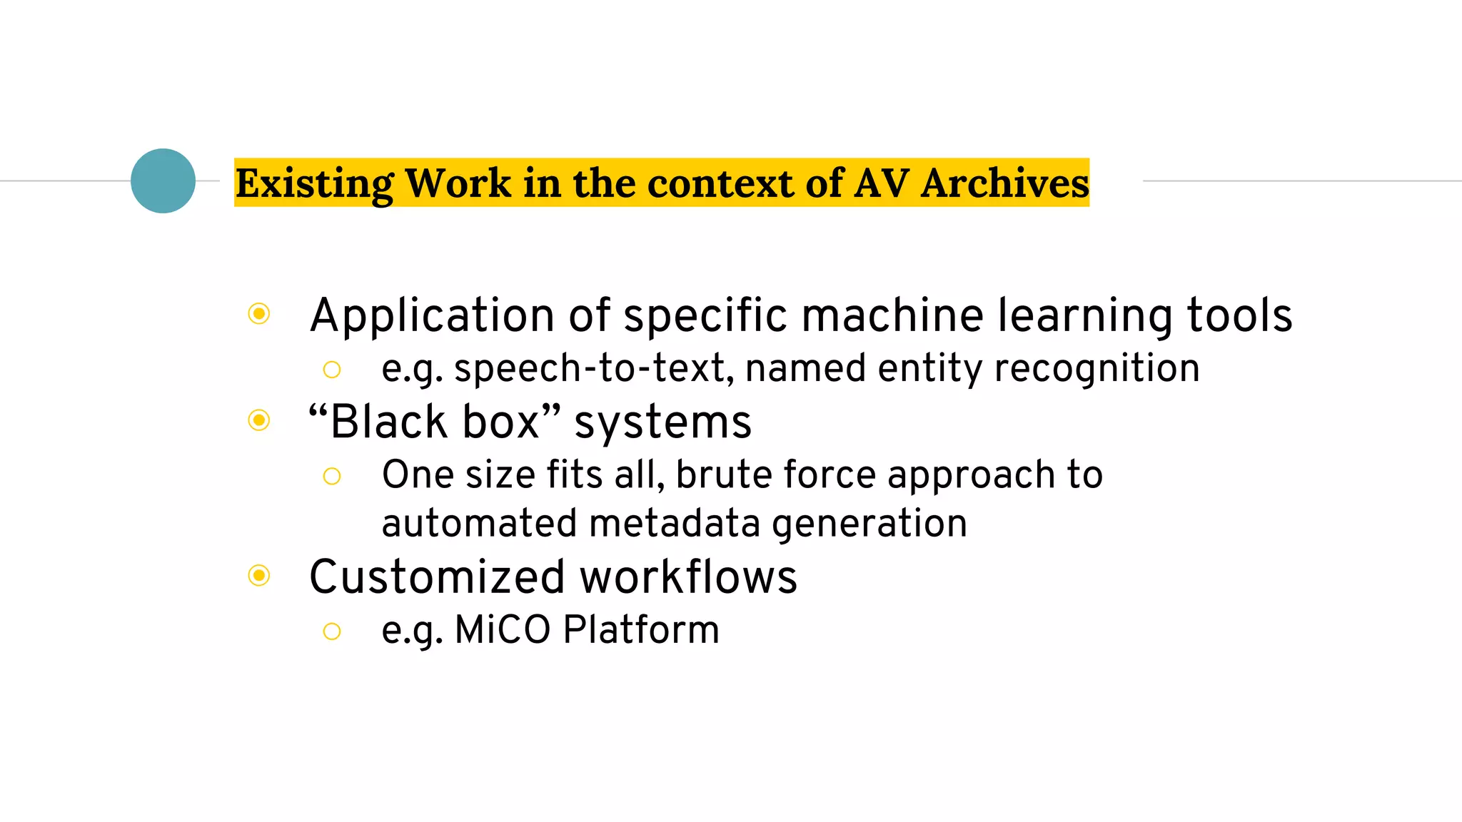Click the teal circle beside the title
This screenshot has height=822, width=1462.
[x=163, y=181]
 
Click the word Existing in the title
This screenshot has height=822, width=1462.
[x=314, y=183]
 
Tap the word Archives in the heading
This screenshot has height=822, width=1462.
[x=1005, y=183]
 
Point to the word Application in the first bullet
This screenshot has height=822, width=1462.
[x=432, y=316]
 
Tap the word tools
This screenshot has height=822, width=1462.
[x=1239, y=316]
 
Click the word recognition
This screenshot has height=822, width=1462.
[x=1096, y=369]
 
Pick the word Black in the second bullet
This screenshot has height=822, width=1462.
[x=389, y=422]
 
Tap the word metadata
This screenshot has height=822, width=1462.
[x=675, y=523]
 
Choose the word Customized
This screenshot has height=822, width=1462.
[x=437, y=577]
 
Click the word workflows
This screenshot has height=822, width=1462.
[x=689, y=577]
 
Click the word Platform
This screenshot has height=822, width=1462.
[x=641, y=630]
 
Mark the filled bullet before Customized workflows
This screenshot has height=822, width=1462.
[x=259, y=575]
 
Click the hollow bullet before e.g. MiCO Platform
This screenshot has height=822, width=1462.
[x=332, y=631]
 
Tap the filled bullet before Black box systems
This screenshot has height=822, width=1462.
[x=259, y=420]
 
